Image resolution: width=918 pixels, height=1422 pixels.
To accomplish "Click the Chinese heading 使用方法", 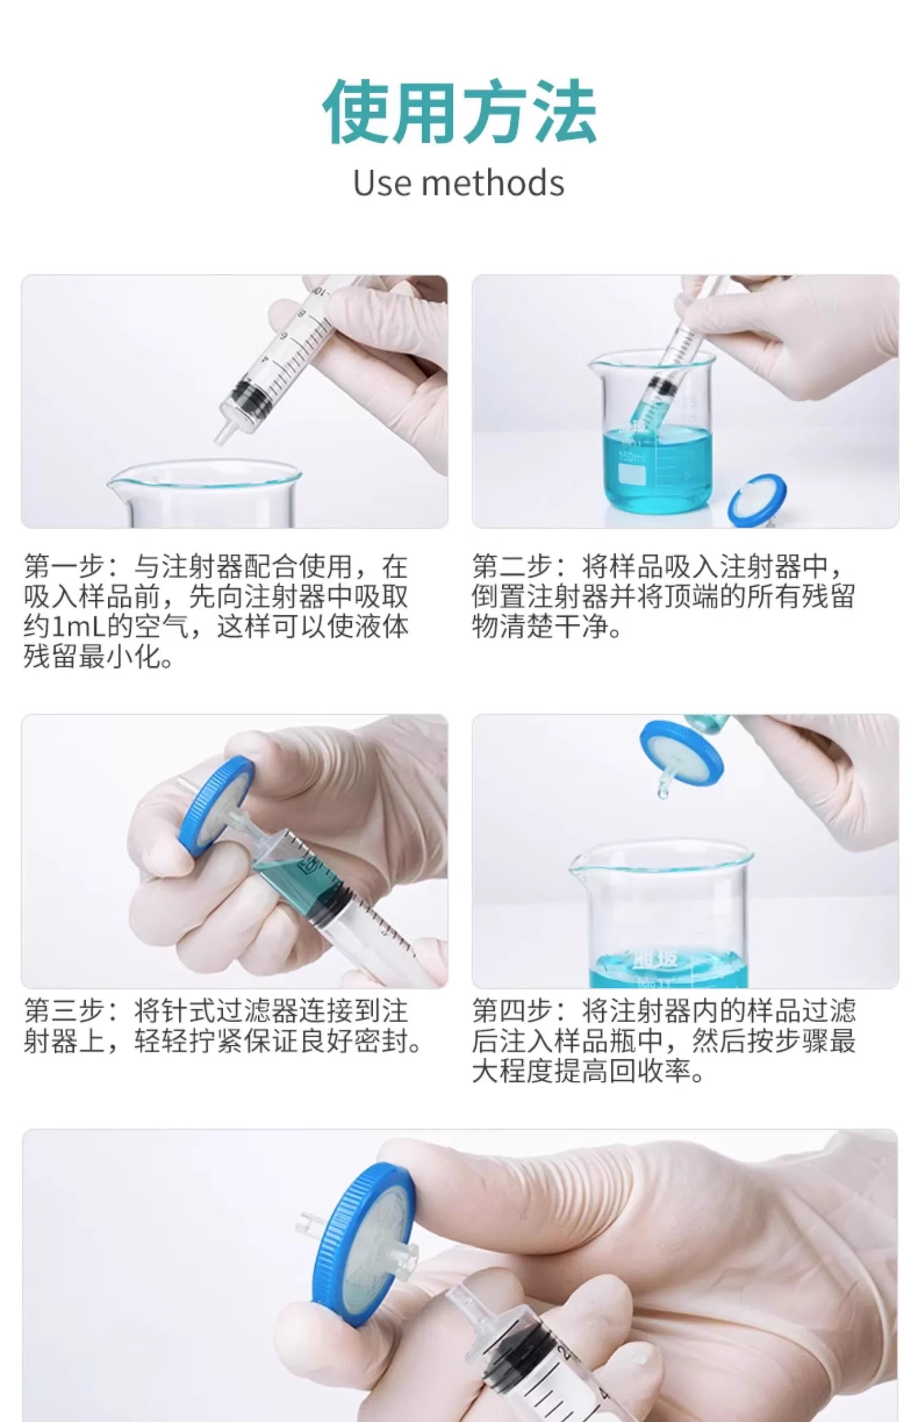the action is tap(459, 113).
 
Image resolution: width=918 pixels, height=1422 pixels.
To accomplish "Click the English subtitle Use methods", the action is tap(458, 182).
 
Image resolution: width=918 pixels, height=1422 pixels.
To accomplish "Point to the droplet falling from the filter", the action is tap(663, 794).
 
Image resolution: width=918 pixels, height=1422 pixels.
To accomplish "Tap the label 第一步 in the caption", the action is tap(63, 566).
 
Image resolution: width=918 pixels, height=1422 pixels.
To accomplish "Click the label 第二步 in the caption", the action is tap(512, 566).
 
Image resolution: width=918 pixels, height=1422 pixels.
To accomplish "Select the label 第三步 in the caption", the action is tap(63, 1010).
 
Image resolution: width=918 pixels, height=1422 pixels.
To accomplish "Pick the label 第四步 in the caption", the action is tap(512, 1010).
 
